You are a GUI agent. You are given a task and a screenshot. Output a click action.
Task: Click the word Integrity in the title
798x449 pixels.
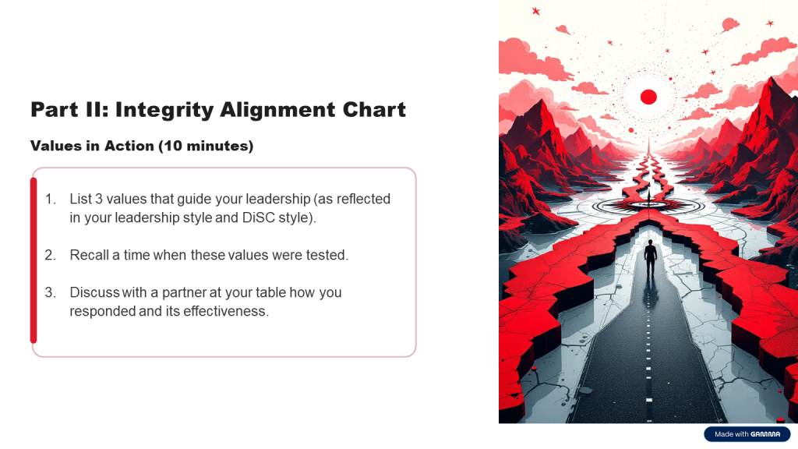pyautogui.click(x=164, y=110)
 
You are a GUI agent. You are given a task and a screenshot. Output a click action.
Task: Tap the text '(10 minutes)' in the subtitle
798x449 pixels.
pyautogui.click(x=206, y=146)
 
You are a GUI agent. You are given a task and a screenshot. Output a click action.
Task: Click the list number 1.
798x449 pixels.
pyautogui.click(x=50, y=199)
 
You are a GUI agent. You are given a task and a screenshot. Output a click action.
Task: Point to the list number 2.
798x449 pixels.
pyautogui.click(x=50, y=255)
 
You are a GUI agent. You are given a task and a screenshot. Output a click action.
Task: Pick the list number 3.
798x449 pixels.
pyautogui.click(x=50, y=293)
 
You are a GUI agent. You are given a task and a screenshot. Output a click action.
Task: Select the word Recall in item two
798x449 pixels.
pyautogui.click(x=89, y=255)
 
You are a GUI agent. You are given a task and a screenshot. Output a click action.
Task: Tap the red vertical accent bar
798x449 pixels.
pyautogui.click(x=34, y=260)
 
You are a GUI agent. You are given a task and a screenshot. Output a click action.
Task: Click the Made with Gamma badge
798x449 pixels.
pyautogui.click(x=747, y=434)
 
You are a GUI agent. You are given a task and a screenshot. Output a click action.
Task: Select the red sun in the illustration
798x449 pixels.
pyautogui.click(x=648, y=97)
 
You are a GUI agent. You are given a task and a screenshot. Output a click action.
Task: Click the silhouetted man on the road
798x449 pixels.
pyautogui.click(x=651, y=259)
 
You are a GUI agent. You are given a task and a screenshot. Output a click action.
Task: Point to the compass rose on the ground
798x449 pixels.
pyautogui.click(x=648, y=206)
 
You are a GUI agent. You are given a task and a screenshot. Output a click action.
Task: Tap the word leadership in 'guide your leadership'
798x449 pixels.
pyautogui.click(x=278, y=199)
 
